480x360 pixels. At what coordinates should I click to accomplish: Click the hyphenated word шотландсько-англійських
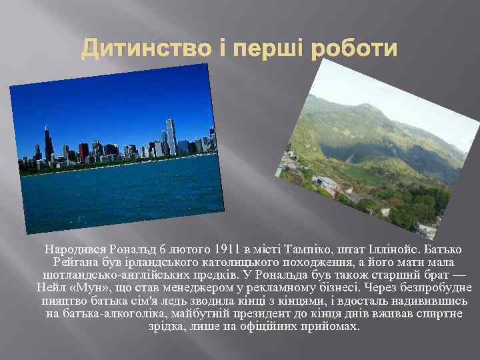pos(117,275)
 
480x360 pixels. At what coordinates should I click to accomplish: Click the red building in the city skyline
pos(84,152)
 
